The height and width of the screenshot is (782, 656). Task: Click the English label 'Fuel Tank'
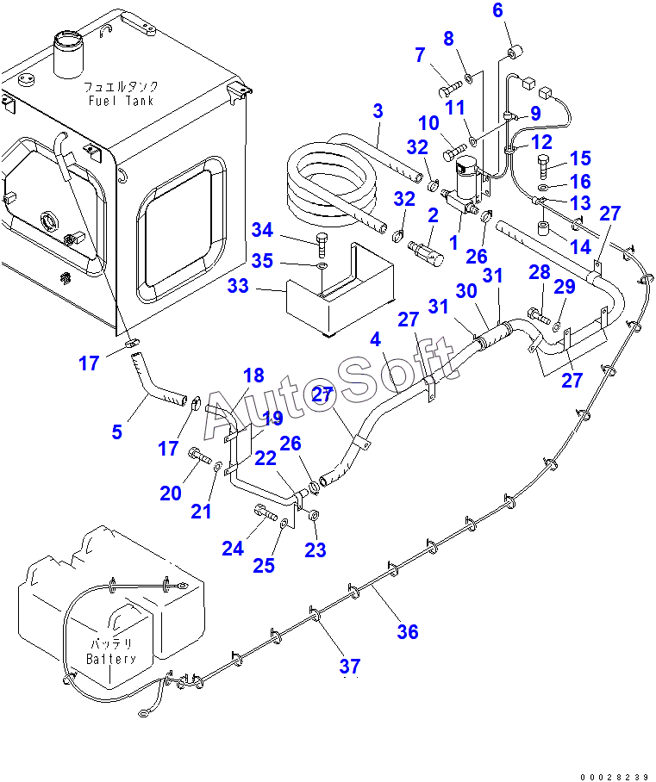point(121,100)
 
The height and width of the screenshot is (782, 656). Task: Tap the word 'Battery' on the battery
point(111,659)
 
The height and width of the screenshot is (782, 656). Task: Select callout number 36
point(408,632)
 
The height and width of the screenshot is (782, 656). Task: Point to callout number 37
point(350,666)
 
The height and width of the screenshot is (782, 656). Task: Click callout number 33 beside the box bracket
point(238,286)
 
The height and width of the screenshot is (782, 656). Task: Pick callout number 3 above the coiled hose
point(378,111)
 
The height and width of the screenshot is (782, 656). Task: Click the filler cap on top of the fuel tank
point(68,54)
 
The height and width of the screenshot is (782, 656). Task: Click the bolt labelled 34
point(322,245)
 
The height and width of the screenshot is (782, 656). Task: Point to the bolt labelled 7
point(450,90)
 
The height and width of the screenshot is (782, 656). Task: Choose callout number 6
point(497,10)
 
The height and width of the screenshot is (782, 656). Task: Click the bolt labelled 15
point(544,165)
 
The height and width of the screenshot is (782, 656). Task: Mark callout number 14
point(581,247)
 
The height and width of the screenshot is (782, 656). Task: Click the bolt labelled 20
point(199,456)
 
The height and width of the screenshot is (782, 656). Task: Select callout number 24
point(233,549)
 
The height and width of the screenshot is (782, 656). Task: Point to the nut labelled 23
point(314,515)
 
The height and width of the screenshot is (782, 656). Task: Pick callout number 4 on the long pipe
point(376,339)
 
